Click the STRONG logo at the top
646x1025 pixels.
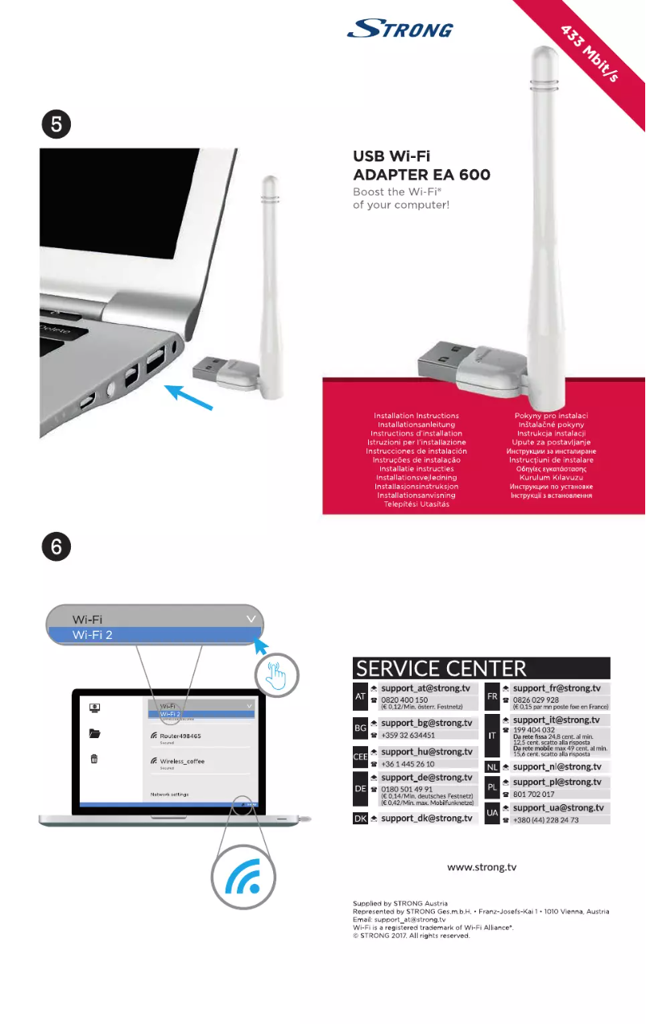pyautogui.click(x=400, y=30)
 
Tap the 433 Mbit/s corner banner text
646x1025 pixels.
pyautogui.click(x=590, y=53)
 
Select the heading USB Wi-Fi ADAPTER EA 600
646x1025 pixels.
pyautogui.click(x=421, y=165)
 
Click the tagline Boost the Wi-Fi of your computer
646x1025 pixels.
pyautogui.click(x=401, y=198)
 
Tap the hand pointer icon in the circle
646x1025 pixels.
pyautogui.click(x=277, y=675)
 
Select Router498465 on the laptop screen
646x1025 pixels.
pyautogui.click(x=180, y=736)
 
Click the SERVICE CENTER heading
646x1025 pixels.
pyautogui.click(x=441, y=669)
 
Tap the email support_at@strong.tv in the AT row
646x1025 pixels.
pyautogui.click(x=425, y=689)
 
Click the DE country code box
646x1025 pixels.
pyautogui.click(x=361, y=788)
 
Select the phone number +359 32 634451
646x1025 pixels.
pyautogui.click(x=408, y=735)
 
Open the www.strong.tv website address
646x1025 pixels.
pyautogui.click(x=482, y=868)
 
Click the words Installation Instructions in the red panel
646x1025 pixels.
pyautogui.click(x=416, y=416)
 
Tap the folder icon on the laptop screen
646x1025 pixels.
pyautogui.click(x=95, y=733)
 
